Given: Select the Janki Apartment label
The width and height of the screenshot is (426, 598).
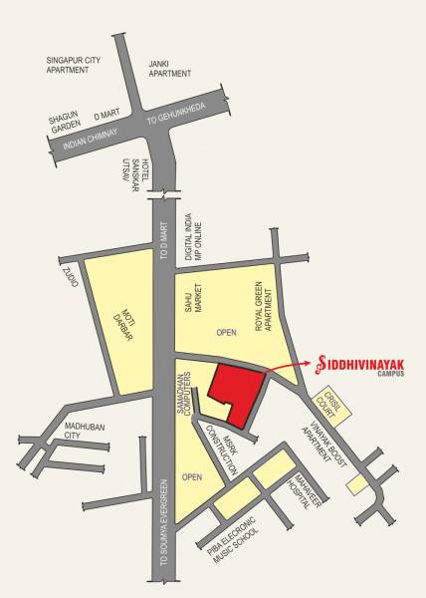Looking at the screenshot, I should pos(169,68).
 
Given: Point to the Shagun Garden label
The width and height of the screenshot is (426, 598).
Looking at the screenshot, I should pos(63,123).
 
